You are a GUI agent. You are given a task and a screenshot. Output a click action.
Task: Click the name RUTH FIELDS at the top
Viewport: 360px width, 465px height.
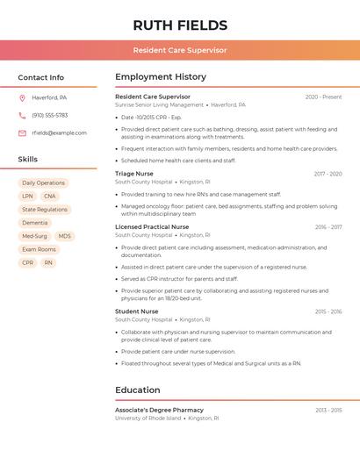(180, 25)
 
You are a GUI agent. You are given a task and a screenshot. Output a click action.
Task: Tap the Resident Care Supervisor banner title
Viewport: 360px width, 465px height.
(180, 50)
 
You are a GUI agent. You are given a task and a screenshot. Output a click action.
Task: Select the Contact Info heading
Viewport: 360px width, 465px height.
(41, 77)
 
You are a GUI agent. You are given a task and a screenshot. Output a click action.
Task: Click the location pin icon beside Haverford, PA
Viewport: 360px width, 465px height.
(22, 97)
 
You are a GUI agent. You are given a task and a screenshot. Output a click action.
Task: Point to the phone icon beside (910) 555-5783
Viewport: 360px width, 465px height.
(22, 115)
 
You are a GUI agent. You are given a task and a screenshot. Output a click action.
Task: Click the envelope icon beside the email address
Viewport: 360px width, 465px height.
(22, 132)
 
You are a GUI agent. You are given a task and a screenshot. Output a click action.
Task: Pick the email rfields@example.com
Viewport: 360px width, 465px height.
(59, 132)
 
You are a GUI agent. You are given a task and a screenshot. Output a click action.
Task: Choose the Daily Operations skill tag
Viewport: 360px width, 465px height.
(44, 183)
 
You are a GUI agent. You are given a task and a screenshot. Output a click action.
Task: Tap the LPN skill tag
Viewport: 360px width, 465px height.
(28, 197)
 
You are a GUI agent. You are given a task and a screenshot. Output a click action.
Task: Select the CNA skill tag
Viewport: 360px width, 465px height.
(50, 197)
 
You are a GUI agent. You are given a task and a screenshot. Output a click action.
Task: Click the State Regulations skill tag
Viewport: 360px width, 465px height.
(45, 210)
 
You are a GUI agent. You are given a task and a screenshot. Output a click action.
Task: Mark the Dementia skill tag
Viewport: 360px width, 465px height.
(35, 223)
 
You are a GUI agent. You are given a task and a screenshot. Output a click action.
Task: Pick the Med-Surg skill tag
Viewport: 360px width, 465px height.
(35, 236)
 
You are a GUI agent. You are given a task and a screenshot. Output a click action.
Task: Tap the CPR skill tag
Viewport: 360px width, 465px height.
(28, 262)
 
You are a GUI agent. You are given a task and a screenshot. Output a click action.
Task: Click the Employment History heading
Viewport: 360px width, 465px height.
(161, 77)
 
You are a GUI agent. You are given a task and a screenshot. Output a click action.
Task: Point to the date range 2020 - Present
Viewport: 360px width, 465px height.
(323, 97)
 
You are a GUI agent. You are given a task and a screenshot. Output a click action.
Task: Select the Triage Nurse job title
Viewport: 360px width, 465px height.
(134, 174)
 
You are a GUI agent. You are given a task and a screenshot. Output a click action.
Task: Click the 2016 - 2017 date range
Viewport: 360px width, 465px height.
(328, 227)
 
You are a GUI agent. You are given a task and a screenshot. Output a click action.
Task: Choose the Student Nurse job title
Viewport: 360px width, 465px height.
(137, 311)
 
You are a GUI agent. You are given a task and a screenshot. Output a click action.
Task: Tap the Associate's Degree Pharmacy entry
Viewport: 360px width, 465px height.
(159, 410)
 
